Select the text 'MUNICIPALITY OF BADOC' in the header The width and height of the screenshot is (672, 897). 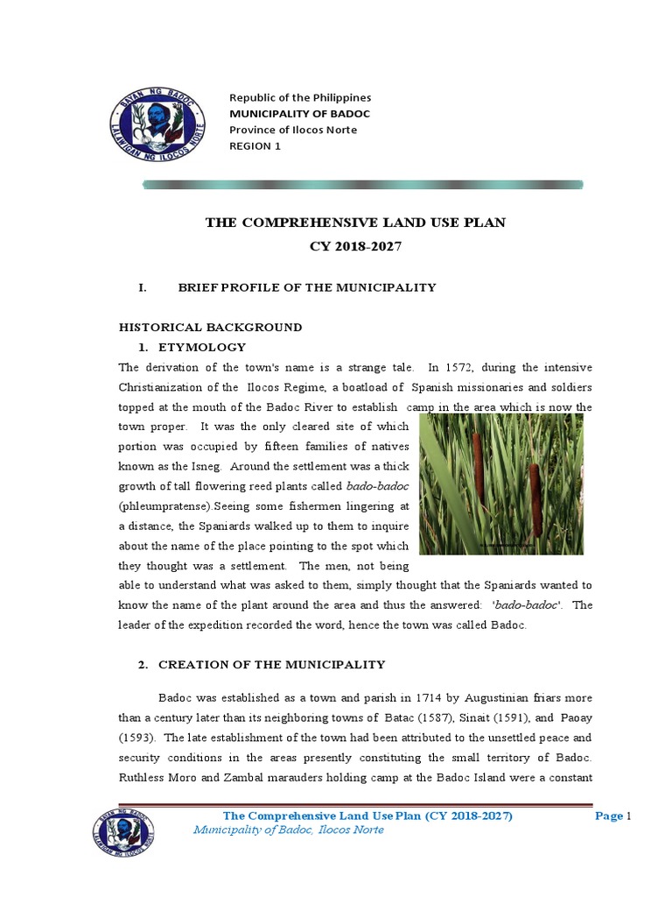299,114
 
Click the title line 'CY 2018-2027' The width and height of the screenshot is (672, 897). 355,247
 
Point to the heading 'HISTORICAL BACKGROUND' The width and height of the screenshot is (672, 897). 210,327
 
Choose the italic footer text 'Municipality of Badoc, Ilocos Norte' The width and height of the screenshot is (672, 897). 288,830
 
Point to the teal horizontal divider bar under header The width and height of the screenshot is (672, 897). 362,185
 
